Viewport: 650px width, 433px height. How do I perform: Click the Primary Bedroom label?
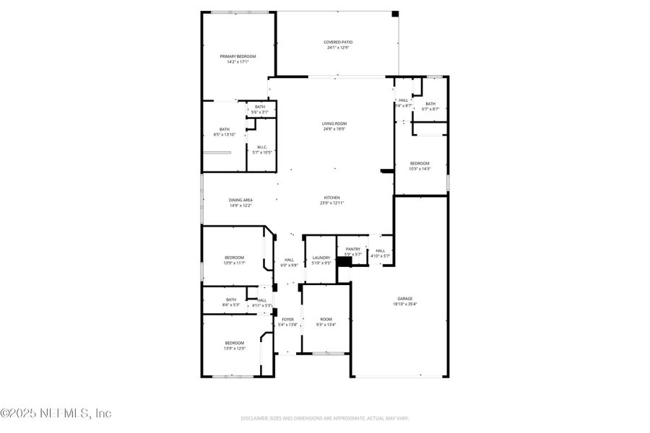point(238,56)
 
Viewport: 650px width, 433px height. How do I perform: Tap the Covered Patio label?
point(338,43)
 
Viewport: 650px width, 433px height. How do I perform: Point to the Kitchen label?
point(331,197)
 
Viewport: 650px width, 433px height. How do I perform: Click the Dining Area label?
point(220,200)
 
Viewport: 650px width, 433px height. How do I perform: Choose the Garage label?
point(404,298)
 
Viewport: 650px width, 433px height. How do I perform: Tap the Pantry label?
point(352,249)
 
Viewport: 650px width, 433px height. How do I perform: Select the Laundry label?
point(321,258)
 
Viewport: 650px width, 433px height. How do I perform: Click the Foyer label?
point(287,319)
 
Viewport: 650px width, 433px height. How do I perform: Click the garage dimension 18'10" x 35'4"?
point(404,304)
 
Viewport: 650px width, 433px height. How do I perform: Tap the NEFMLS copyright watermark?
point(56,414)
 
